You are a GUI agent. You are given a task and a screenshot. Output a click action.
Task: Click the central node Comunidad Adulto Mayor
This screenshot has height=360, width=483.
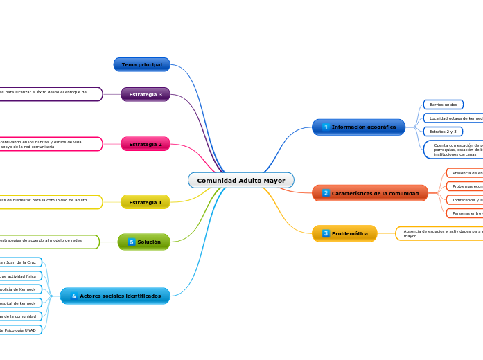pyautogui.click(x=240, y=181)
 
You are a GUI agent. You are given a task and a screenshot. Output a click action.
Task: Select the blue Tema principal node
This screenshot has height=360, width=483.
pyautogui.click(x=141, y=64)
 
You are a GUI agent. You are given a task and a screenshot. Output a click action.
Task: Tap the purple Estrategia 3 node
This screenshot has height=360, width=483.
pyautogui.click(x=145, y=94)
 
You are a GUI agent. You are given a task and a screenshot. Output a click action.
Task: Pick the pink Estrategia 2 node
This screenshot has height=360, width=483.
pyautogui.click(x=145, y=144)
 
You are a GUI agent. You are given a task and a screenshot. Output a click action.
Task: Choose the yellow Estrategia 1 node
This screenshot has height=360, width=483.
pyautogui.click(x=145, y=202)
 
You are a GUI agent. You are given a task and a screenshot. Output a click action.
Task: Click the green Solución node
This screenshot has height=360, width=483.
pyautogui.click(x=143, y=242)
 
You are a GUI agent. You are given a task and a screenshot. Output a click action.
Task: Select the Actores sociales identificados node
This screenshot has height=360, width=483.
pyautogui.click(x=115, y=296)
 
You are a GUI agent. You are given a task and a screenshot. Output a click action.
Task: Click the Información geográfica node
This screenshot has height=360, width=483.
pyautogui.click(x=358, y=127)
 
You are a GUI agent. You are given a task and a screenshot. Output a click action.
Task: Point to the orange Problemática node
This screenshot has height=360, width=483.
pyautogui.click(x=344, y=233)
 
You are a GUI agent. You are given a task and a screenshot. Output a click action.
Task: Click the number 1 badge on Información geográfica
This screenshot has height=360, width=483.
pyautogui.click(x=326, y=127)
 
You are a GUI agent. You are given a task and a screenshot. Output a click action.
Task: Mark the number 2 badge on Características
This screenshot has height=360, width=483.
pyautogui.click(x=326, y=193)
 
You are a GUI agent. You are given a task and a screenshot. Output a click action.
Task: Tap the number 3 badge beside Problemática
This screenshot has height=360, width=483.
pyautogui.click(x=326, y=233)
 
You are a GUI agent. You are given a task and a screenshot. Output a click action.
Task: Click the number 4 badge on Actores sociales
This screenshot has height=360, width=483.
pyautogui.click(x=74, y=296)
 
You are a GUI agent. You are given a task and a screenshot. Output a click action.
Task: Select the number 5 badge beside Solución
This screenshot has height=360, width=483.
pyautogui.click(x=131, y=242)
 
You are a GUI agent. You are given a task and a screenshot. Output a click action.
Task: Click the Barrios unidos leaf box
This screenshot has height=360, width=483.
pyautogui.click(x=443, y=105)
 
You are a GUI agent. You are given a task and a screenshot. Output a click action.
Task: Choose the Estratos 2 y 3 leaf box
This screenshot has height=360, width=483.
pyautogui.click(x=443, y=132)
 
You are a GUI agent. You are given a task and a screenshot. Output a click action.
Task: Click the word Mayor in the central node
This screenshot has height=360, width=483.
pyautogui.click(x=274, y=181)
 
